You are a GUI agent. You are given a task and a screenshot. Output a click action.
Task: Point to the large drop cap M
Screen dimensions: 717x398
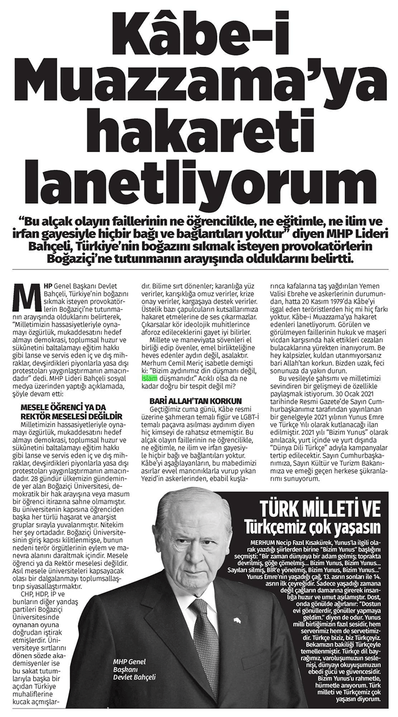(24, 295)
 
